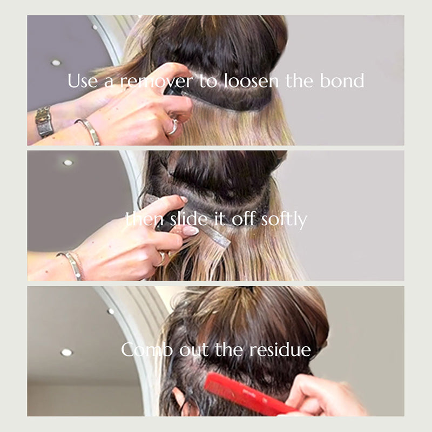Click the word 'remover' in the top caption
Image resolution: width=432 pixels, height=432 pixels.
[x=157, y=82]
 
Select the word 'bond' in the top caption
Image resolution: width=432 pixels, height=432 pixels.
[x=342, y=80]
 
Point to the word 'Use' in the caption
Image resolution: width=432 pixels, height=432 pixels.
[x=83, y=80]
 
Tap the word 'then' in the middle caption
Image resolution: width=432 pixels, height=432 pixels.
[x=144, y=219]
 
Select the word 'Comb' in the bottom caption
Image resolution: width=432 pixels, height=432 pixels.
[x=147, y=349]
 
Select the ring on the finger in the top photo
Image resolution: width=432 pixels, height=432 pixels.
[x=173, y=126]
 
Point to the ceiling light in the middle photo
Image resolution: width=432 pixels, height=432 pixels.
[x=68, y=163]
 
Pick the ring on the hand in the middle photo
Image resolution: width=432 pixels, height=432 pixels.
[x=162, y=259]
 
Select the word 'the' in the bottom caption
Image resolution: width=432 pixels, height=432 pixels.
[x=228, y=349]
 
